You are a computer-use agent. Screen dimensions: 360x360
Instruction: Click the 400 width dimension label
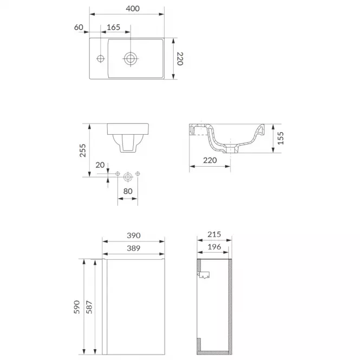[x=133, y=9]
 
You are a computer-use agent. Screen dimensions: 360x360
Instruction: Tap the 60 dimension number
[x=78, y=27]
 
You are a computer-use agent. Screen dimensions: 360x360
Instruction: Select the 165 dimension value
[x=114, y=27]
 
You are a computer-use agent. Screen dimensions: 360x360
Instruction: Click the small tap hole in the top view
[x=100, y=58]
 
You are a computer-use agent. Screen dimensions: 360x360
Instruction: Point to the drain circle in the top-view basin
[x=130, y=58]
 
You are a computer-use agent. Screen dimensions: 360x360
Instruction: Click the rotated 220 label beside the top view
[x=180, y=58]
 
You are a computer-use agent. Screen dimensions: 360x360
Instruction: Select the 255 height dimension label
[x=83, y=150]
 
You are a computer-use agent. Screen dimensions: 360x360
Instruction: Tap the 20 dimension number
[x=100, y=165]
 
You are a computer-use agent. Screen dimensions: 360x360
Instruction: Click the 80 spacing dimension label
[x=128, y=191]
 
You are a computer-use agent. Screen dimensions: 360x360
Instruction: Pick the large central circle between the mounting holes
[x=128, y=177]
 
